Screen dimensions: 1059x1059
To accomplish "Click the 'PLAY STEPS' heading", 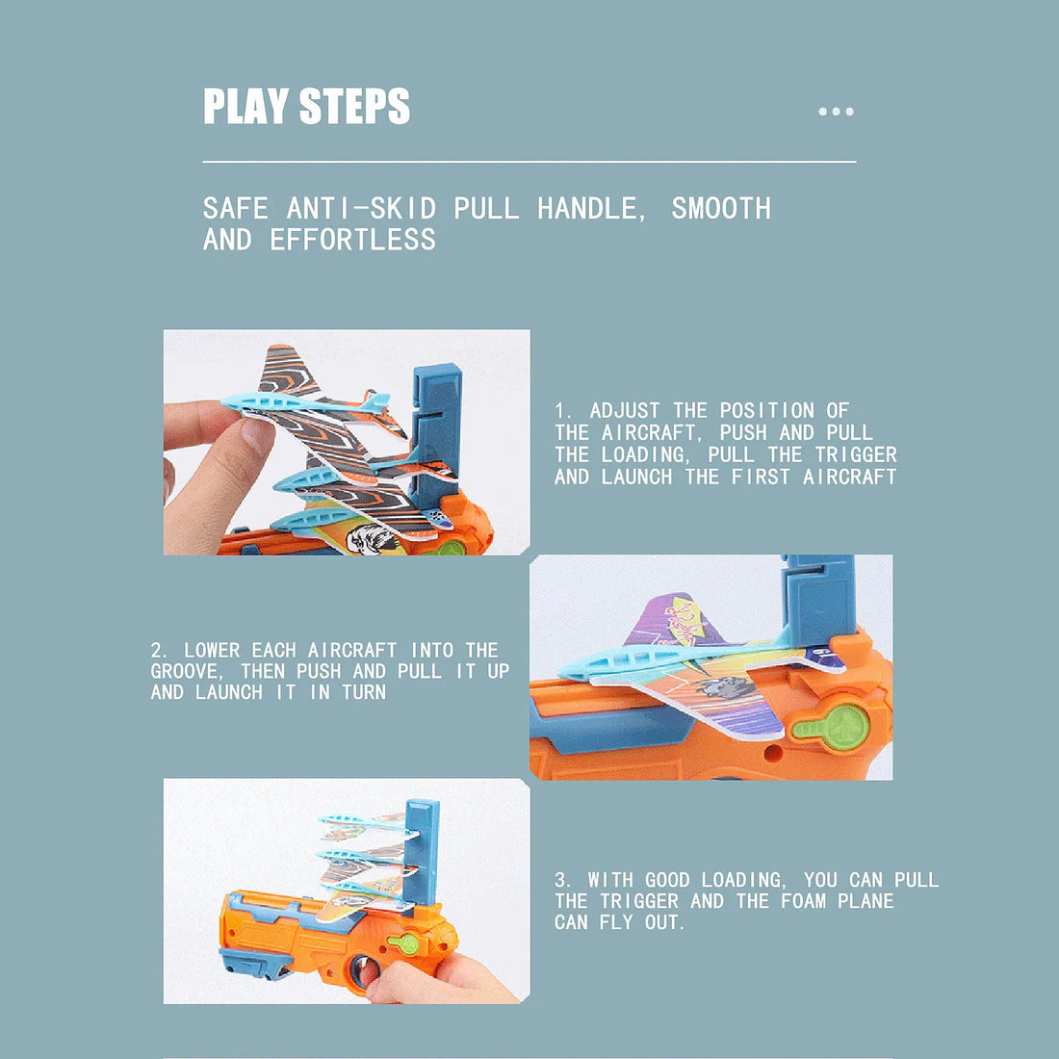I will [306, 106].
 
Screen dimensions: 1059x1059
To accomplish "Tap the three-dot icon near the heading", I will [836, 112].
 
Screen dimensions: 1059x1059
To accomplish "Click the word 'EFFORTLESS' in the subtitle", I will [352, 240].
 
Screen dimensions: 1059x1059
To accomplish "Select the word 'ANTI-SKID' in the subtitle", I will [361, 208].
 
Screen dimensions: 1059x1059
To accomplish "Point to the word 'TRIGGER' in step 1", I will [856, 454].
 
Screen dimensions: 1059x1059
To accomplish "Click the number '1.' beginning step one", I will [563, 411].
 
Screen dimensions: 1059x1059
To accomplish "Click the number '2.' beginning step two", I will [160, 651].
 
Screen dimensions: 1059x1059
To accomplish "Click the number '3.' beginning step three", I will [563, 880].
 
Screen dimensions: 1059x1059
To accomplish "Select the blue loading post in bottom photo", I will [422, 847].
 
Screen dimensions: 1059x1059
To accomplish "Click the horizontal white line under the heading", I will [529, 162].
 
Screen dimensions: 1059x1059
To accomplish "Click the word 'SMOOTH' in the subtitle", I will [721, 208].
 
